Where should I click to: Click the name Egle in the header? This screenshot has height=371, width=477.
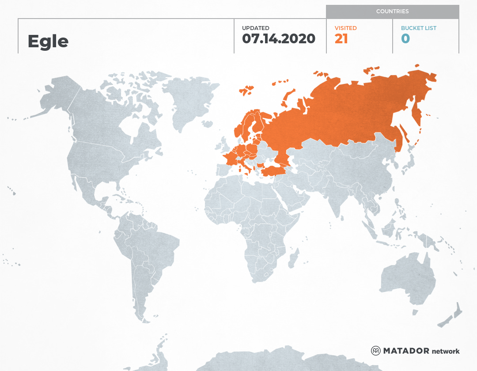(x=48, y=41)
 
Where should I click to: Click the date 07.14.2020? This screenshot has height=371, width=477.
(x=279, y=39)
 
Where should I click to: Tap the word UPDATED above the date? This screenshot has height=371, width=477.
(x=255, y=28)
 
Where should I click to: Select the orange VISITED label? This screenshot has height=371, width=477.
(x=345, y=28)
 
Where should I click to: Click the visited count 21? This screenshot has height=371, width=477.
(x=341, y=39)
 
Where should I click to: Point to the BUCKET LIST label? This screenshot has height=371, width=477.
(x=418, y=28)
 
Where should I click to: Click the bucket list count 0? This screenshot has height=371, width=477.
(x=405, y=39)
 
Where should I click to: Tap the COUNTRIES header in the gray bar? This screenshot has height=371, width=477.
(x=392, y=11)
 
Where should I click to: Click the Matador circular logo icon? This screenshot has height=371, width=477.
(x=375, y=351)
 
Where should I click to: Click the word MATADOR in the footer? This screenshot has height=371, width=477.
(x=406, y=351)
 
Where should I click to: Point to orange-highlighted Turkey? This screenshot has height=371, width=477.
(x=274, y=170)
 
